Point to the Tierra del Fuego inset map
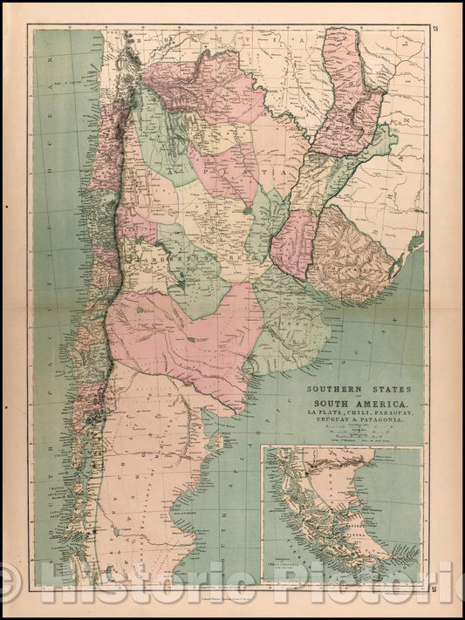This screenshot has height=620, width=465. point(342,514)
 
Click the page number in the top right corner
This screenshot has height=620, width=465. point(434,32)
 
